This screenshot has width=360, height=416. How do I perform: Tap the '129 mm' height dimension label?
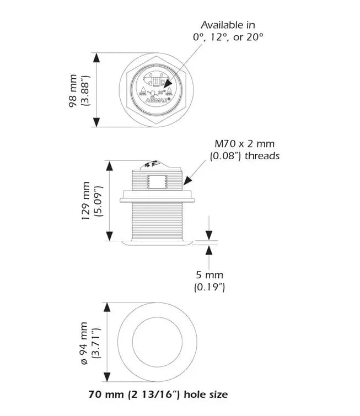(85, 201)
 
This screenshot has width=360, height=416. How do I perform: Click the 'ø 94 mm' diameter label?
(84, 343)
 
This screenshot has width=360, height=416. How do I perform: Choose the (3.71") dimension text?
(97, 343)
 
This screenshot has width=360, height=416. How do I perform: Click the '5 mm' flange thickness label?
(209, 275)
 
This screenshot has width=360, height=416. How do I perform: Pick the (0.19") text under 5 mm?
(209, 287)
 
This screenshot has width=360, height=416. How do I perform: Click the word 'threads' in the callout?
(262, 156)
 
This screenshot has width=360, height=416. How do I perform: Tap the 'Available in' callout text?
(228, 25)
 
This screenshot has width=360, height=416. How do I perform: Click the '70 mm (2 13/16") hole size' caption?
(158, 395)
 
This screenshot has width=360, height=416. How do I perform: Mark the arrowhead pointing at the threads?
(186, 181)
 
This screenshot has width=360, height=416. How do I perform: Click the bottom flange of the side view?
(157, 241)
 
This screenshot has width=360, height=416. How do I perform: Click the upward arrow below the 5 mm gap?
(209, 248)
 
